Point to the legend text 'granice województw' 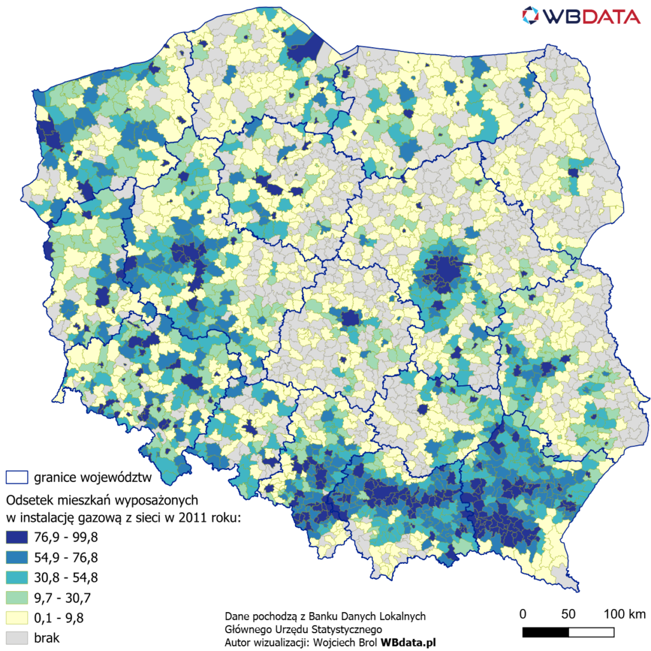pos(92,477)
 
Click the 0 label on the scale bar pos(523,614)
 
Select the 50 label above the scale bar pos(568,614)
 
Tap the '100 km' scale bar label pos(624,614)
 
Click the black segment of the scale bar pos(545,632)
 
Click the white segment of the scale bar pos(591,632)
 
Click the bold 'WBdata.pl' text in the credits pos(408,643)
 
